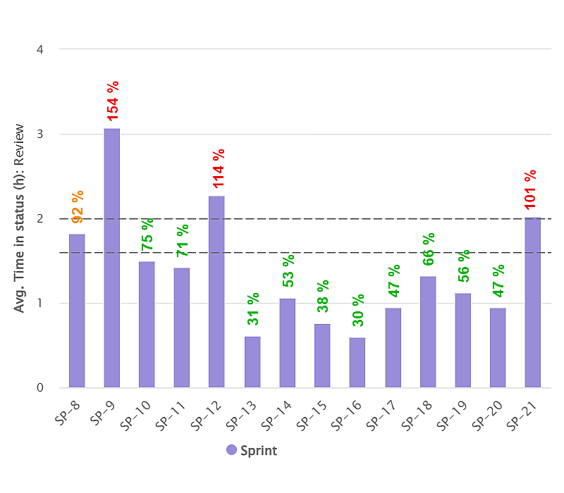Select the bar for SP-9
tap(111, 258)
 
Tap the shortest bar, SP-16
tap(357, 363)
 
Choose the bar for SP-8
tap(77, 311)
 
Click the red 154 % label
tap(113, 100)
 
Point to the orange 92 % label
tap(78, 206)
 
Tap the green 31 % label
tap(253, 308)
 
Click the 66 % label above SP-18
tap(429, 249)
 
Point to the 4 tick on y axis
tap(40, 49)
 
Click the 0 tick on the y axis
tap(40, 387)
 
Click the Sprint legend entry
tap(252, 451)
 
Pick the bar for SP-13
tap(252, 362)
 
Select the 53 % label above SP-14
tap(288, 270)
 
